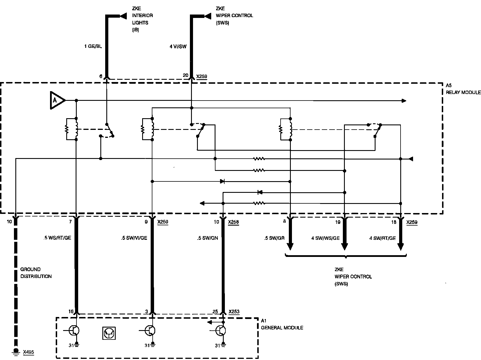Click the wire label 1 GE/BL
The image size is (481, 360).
click(x=93, y=46)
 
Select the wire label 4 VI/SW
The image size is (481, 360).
click(x=178, y=46)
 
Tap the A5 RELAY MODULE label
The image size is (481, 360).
click(x=463, y=89)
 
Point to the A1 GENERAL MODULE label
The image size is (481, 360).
click(x=282, y=324)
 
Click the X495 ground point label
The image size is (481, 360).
click(x=28, y=352)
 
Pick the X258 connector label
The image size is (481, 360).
click(x=233, y=222)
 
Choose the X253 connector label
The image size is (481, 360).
click(x=234, y=312)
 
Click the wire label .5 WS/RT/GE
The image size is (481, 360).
click(x=58, y=238)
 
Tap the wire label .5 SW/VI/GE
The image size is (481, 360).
click(x=134, y=238)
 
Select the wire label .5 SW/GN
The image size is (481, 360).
click(x=208, y=238)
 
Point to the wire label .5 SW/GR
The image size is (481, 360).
click(x=274, y=238)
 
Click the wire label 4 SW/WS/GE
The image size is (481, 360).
click(x=325, y=238)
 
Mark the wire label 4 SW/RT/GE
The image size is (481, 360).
click(x=382, y=238)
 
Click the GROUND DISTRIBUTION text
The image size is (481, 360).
click(x=36, y=273)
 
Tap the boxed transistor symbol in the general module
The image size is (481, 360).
click(x=109, y=333)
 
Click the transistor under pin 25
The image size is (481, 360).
click(x=221, y=331)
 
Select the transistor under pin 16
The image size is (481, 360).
click(x=74, y=331)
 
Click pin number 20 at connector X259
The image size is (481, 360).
click(x=185, y=75)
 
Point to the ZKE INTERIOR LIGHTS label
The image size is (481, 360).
click(x=142, y=19)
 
